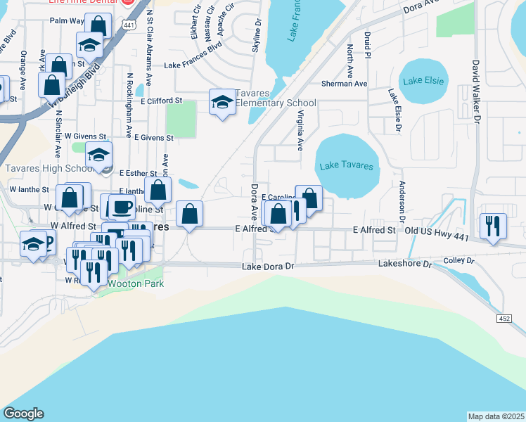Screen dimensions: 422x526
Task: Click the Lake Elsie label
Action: coord(424,80)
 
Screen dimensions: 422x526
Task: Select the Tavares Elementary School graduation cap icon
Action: coord(222,103)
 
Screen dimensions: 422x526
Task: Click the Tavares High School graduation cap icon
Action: coord(98,155)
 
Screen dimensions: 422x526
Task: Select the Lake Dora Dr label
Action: coord(267,267)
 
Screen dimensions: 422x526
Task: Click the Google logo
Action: coord(23,414)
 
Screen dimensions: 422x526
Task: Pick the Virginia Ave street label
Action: coord(300,130)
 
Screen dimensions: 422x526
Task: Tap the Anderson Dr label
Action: coord(402,203)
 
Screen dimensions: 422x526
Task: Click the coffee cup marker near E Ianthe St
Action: coord(121,206)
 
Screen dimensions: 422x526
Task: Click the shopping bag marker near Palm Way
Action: coord(98,26)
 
